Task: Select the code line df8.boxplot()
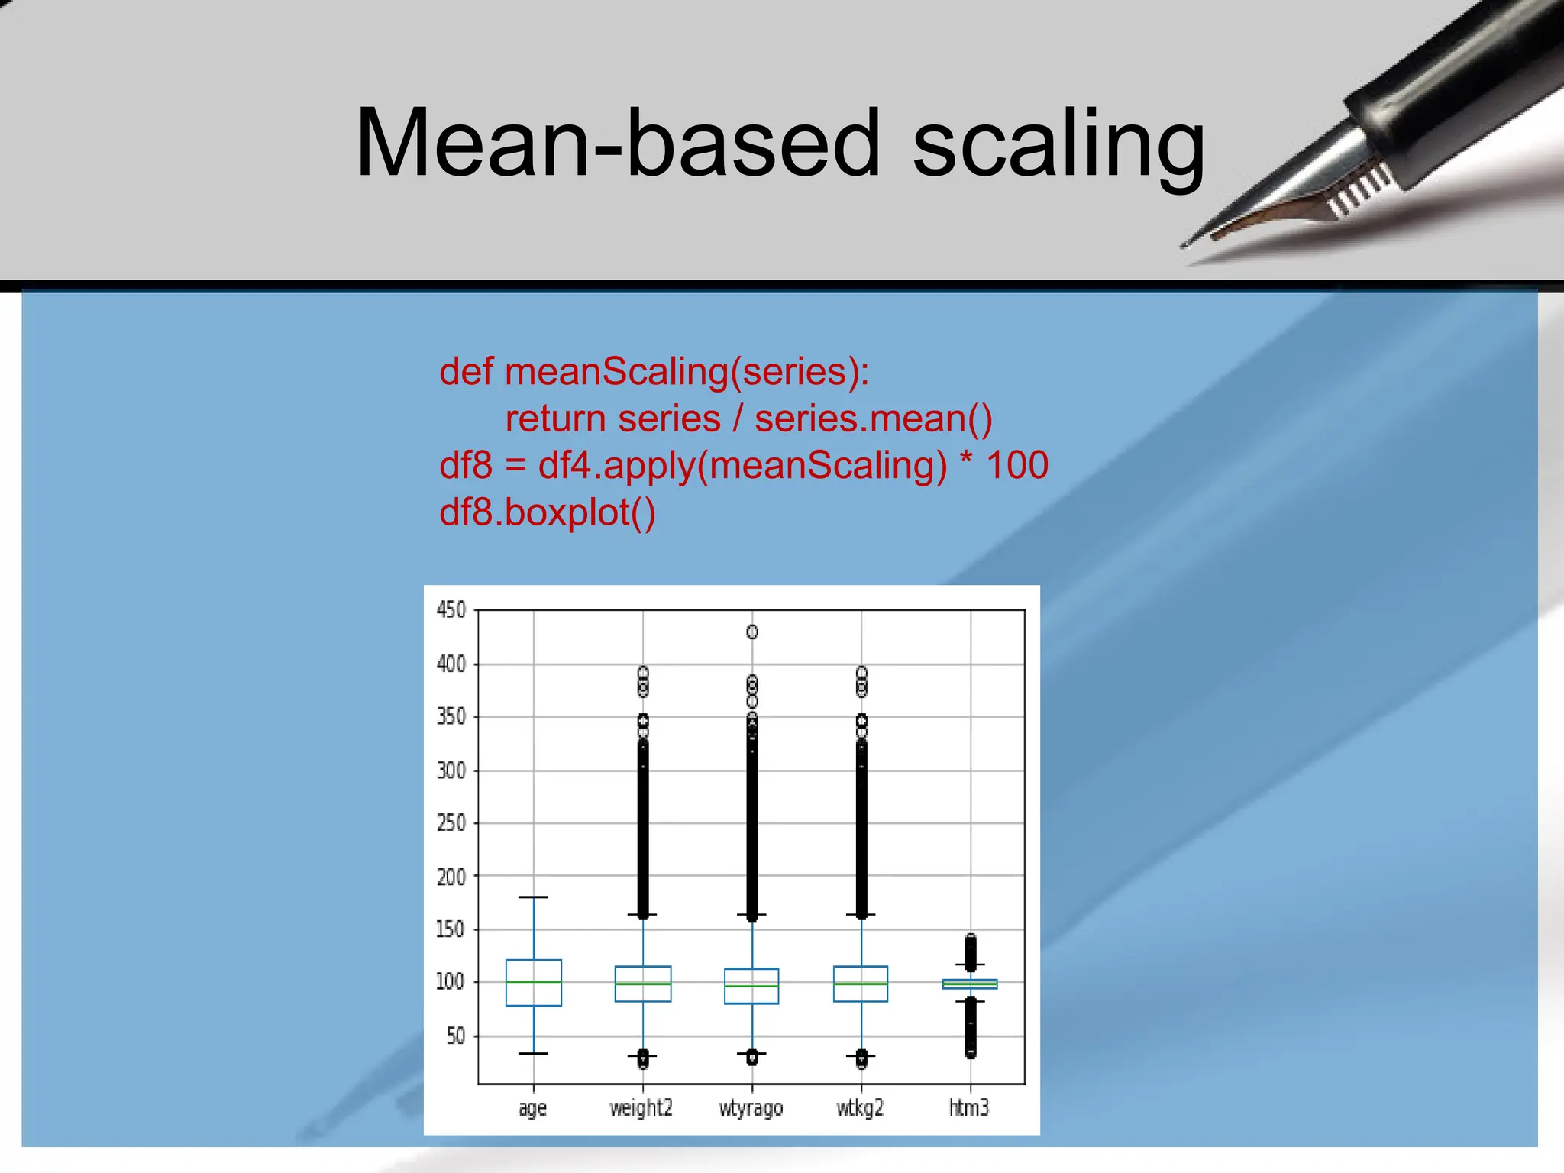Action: pos(547,512)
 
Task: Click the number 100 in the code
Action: pos(1017,465)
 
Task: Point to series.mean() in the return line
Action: pos(873,418)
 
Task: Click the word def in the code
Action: pos(466,372)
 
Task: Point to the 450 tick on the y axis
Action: pos(451,610)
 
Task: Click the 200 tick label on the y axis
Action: pos(451,877)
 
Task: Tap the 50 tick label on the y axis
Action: pos(455,1036)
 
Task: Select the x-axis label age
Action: pos(532,1108)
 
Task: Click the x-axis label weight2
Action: pos(641,1108)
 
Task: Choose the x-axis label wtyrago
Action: pos(751,1108)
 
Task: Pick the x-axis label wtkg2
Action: pos(860,1108)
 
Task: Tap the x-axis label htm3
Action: pos(968,1108)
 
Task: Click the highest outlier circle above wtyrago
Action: pos(752,632)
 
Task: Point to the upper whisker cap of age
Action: pos(533,897)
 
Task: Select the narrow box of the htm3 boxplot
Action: pos(970,984)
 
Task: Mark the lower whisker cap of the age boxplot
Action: pos(533,1054)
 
